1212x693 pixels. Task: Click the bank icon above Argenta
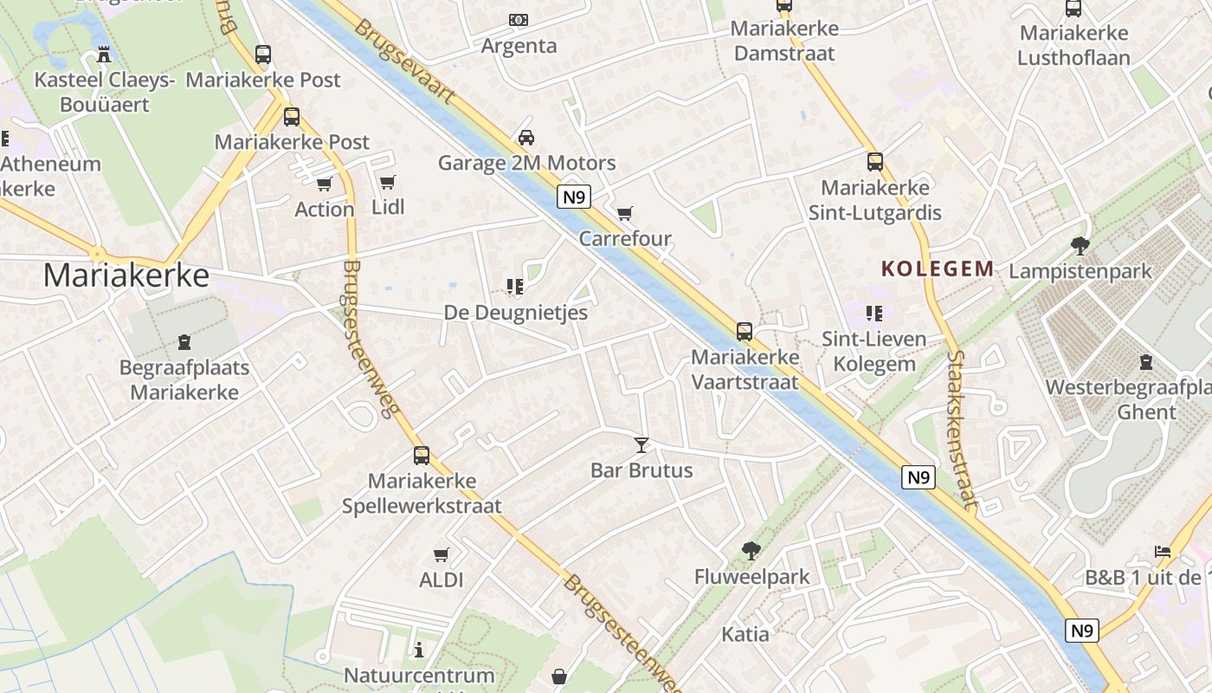[x=519, y=19]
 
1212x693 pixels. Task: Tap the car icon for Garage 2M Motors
[x=525, y=137]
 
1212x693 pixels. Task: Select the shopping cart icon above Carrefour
[x=625, y=213]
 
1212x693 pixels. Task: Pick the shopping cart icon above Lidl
[x=388, y=182]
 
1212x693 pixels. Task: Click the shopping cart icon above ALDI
[x=442, y=554]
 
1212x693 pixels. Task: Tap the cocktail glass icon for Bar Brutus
[x=641, y=445]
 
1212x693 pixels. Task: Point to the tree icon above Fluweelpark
[x=751, y=550]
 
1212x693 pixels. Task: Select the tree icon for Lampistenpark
[x=1080, y=246]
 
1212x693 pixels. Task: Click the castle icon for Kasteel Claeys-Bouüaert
[x=105, y=55]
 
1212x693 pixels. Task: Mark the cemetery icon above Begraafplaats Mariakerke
[x=184, y=342]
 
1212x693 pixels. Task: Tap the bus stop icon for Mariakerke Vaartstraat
[x=744, y=331]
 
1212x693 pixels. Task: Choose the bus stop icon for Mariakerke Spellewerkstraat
[x=422, y=455]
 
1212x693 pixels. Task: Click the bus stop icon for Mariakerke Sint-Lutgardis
[x=875, y=162]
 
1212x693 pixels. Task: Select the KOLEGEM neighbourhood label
[x=938, y=269]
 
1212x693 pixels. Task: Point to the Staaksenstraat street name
[x=962, y=429]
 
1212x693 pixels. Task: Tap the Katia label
[x=745, y=634]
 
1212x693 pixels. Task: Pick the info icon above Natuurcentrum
[x=420, y=650]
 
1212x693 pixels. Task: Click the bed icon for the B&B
[x=1163, y=551]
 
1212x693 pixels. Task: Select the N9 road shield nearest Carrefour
[x=573, y=198]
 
